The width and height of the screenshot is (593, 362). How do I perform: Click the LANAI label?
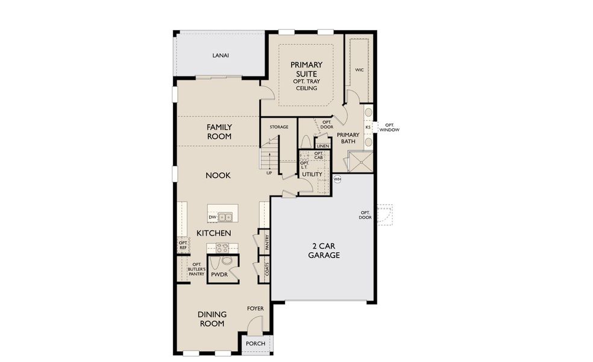(221, 56)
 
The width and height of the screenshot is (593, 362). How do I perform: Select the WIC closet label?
(359, 70)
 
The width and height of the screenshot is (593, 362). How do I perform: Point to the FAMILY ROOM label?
(219, 132)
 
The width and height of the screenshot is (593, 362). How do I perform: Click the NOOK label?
(219, 175)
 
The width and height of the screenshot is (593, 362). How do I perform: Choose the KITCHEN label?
(213, 233)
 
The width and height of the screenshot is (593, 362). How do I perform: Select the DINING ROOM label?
(212, 319)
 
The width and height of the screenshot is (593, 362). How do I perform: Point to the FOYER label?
(256, 308)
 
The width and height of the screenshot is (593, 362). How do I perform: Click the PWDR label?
(219, 275)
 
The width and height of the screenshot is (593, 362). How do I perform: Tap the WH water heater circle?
(337, 179)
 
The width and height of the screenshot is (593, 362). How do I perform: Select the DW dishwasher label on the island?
(212, 217)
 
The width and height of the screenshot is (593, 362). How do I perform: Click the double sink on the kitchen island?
(226, 217)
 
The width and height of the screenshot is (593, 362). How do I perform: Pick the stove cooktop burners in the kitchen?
(222, 247)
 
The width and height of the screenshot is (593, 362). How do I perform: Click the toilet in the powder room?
(227, 261)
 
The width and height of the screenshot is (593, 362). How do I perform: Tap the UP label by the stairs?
(269, 173)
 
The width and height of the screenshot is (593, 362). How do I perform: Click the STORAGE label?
(279, 127)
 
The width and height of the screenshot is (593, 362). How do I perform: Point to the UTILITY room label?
(313, 174)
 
